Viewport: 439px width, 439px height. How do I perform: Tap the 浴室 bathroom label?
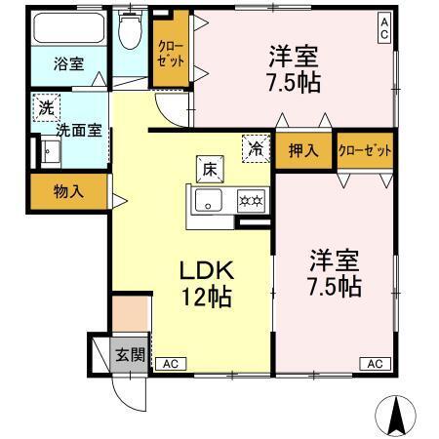(x=68, y=64)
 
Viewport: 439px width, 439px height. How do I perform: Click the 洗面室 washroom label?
(x=77, y=128)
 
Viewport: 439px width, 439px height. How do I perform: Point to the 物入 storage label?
(x=68, y=191)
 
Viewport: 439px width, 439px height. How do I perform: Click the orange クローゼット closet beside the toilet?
(x=172, y=53)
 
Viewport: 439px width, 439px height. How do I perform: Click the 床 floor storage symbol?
(x=208, y=167)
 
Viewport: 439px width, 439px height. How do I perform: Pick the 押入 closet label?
(x=302, y=150)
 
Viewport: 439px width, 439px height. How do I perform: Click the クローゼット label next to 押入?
(x=365, y=150)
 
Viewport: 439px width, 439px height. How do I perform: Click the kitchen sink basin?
(x=207, y=203)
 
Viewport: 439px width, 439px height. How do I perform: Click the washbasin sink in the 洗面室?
(x=49, y=151)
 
